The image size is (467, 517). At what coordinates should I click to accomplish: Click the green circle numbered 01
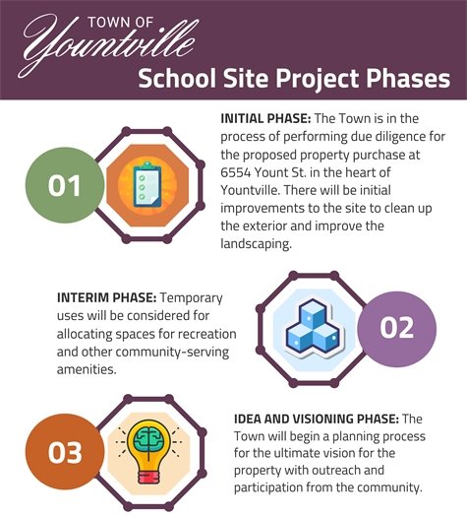pyautogui.click(x=64, y=183)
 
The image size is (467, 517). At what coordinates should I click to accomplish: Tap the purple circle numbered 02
pyautogui.click(x=396, y=327)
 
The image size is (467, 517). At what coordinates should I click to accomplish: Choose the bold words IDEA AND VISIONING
pyautogui.click(x=299, y=419)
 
